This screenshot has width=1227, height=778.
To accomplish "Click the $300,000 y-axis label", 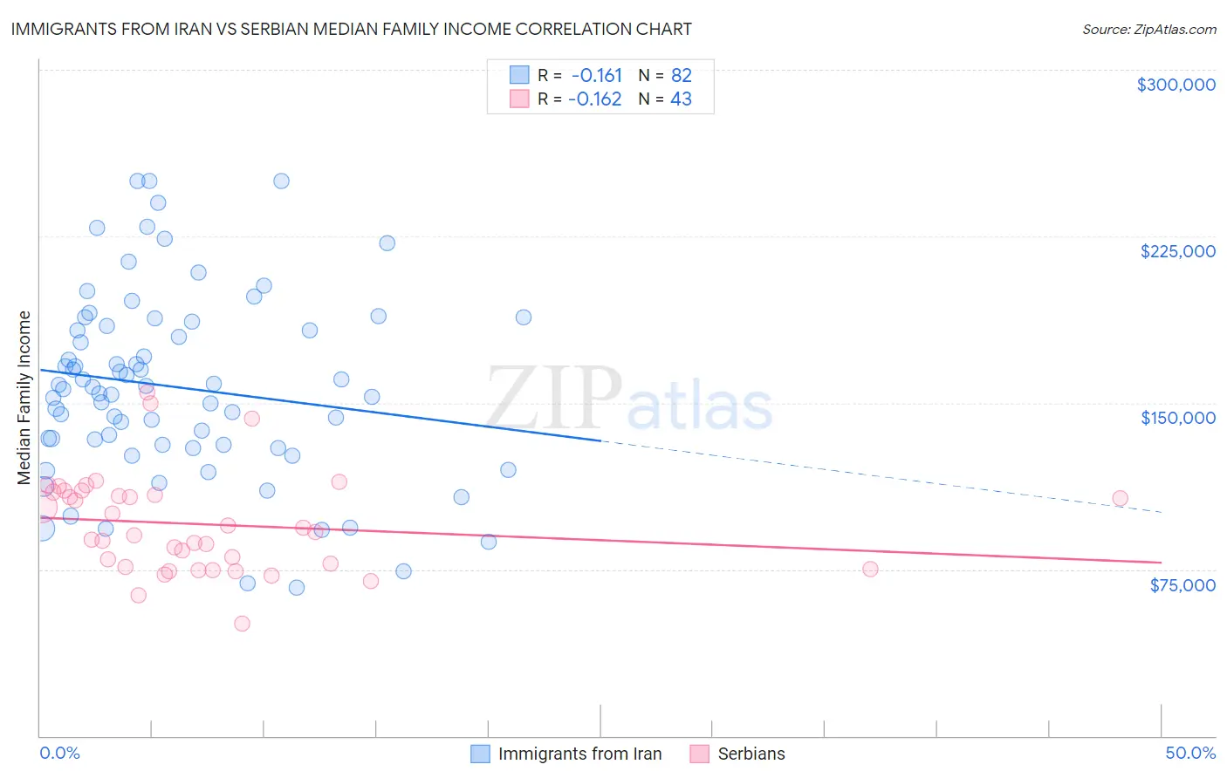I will tap(1176, 85).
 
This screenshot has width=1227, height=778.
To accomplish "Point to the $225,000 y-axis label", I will tap(1177, 251).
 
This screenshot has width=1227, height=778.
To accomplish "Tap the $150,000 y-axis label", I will tap(1177, 418).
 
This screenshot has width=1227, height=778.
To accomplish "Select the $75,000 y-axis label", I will tap(1182, 585).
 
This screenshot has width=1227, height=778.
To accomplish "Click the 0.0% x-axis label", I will tap(59, 753).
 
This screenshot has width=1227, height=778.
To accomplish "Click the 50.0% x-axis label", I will tap(1189, 753).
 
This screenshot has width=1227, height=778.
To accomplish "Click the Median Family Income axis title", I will tap(24, 398).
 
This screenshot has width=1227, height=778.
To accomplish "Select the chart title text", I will tap(351, 29).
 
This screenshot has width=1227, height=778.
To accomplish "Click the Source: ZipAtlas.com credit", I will tap(1148, 30).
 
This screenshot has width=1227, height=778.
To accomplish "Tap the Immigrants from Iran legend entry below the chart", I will tap(579, 754).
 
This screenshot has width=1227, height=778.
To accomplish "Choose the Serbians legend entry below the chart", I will tap(751, 754).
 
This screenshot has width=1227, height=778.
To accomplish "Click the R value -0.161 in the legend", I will tap(597, 75).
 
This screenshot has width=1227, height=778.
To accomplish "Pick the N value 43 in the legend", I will tap(681, 99).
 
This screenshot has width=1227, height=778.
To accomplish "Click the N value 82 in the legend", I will tap(681, 75).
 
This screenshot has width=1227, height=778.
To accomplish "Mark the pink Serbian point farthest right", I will tap(1120, 499).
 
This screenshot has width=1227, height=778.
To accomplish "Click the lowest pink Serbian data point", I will tap(242, 624).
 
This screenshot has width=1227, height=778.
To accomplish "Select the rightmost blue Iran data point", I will tap(524, 317).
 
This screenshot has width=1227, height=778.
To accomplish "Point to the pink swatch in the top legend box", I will tap(519, 99).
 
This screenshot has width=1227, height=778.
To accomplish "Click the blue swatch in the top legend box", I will tap(519, 75).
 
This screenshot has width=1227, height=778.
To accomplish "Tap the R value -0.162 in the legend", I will tap(594, 99).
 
